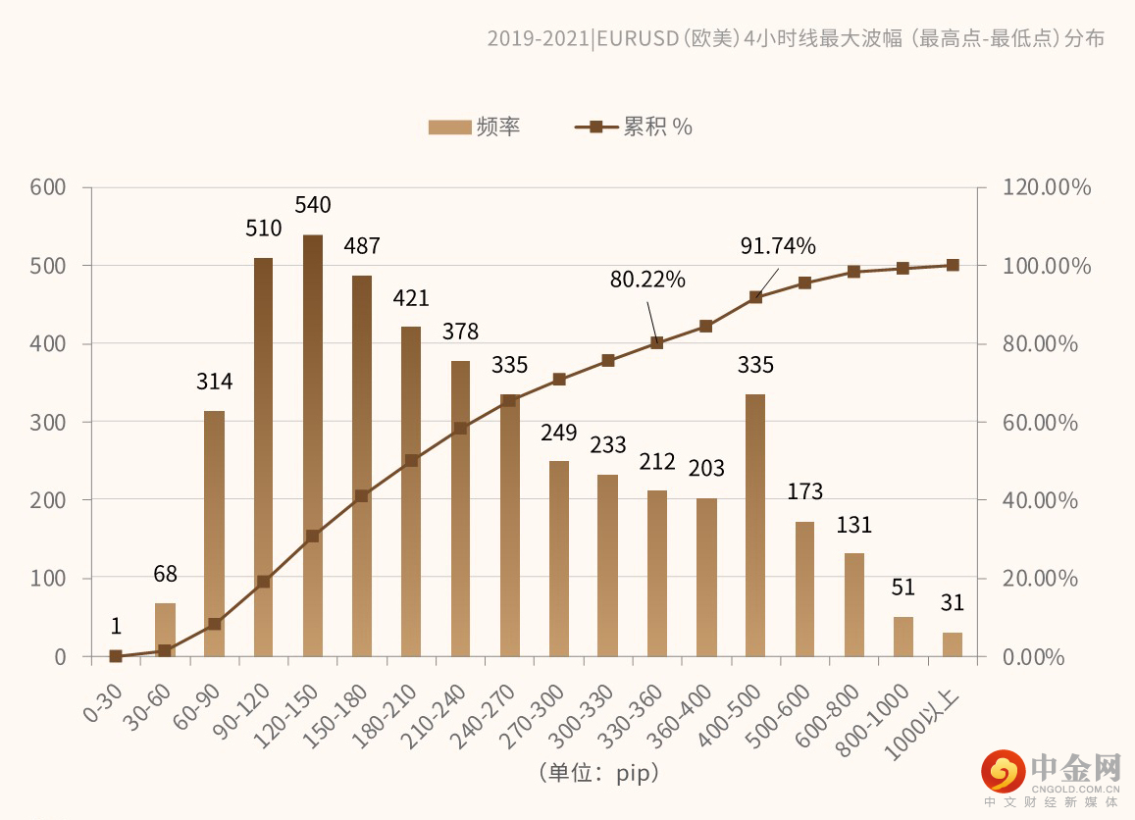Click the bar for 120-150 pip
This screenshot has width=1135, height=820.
point(313,446)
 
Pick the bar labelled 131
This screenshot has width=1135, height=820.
point(854,604)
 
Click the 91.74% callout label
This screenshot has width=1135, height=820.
point(778,246)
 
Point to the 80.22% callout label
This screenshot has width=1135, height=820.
point(647,280)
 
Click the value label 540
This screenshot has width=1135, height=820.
point(313,205)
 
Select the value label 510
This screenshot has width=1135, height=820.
point(263,229)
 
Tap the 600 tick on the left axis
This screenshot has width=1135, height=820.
point(46,187)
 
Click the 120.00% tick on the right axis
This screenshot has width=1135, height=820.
point(1047,187)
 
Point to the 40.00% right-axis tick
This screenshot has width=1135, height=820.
point(1041,500)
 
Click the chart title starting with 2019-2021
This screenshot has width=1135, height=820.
point(796,38)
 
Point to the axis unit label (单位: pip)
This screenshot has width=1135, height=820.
point(598,773)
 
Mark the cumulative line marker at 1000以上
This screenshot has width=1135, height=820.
point(953,265)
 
